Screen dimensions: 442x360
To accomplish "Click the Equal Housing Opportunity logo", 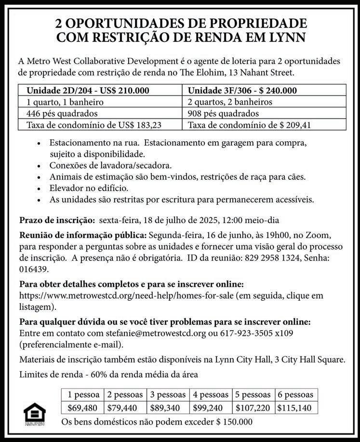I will (x=34, y=414).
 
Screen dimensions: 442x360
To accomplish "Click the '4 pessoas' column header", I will (x=211, y=395).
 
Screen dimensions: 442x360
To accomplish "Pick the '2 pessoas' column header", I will (x=125, y=395).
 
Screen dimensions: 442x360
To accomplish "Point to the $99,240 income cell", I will (x=211, y=408).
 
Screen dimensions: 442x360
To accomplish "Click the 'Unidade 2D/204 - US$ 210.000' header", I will (x=88, y=91).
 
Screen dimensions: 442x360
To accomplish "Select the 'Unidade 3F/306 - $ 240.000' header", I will (x=242, y=91).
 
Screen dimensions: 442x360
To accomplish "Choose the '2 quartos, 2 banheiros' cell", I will (x=230, y=102).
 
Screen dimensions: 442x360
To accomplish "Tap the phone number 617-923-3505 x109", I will (x=256, y=333).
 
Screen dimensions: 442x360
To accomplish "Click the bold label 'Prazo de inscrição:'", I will (x=57, y=221).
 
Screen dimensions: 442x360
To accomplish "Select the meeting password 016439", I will (x=33, y=269).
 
